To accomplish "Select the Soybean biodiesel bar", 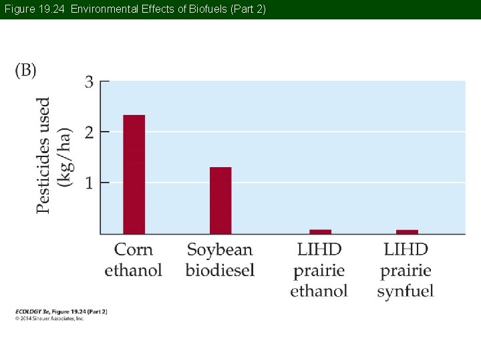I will pyautogui.click(x=220, y=200).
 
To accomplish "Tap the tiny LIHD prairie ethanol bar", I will pyautogui.click(x=320, y=231).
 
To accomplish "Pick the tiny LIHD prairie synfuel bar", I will pyautogui.click(x=407, y=231).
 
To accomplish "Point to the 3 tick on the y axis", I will pyautogui.click(x=89, y=82).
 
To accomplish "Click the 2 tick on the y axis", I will pyautogui.click(x=89, y=132).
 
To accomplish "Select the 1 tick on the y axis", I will pyautogui.click(x=89, y=182).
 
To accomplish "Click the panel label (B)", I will pyautogui.click(x=25, y=70).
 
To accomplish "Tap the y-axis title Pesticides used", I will pyautogui.click(x=43, y=155).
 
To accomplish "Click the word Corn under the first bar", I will pyautogui.click(x=134, y=250).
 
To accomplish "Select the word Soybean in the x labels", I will pyautogui.click(x=220, y=250).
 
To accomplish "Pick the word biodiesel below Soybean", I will pyautogui.click(x=220, y=270).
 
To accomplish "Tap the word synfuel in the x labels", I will pyautogui.click(x=406, y=291).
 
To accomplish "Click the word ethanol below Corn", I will pyautogui.click(x=134, y=270).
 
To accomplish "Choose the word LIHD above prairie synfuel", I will pyautogui.click(x=406, y=250).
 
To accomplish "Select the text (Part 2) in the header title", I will pyautogui.click(x=247, y=9).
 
